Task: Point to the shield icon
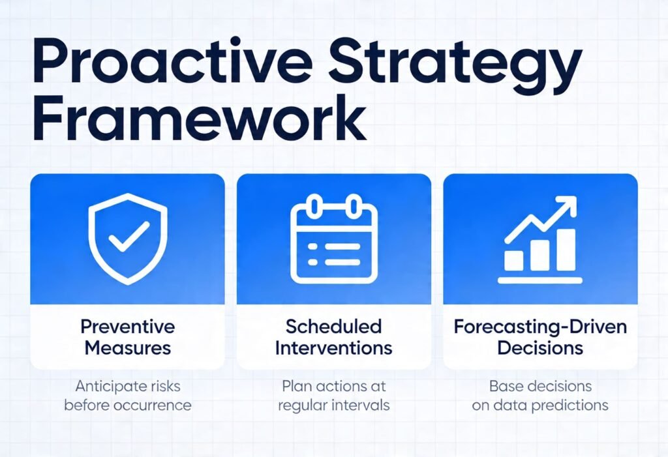coord(128,239)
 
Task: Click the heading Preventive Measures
coord(128,336)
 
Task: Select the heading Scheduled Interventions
coord(333,336)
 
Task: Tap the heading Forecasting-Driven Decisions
coord(540,336)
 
